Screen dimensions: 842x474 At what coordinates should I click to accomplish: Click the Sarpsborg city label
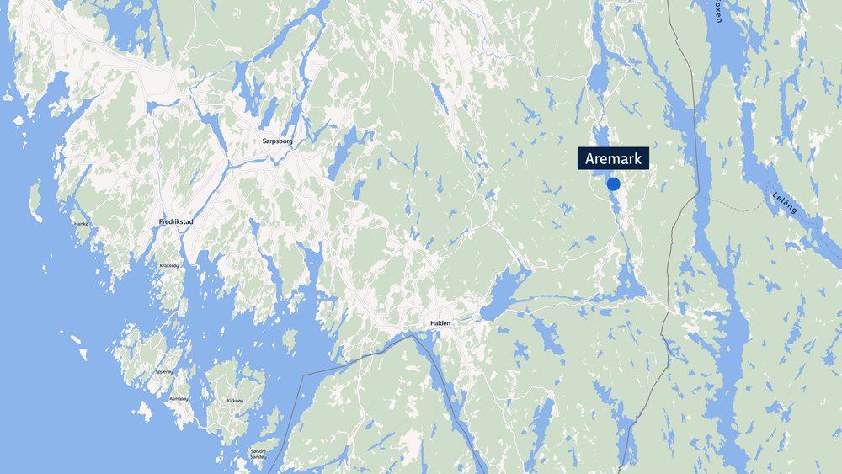point(272,141)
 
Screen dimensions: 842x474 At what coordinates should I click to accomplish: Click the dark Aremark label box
point(613,158)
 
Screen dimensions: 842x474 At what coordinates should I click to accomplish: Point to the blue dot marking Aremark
point(613,184)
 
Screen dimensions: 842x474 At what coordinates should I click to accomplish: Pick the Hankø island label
point(81,223)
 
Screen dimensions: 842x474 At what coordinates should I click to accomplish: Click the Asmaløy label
point(179,398)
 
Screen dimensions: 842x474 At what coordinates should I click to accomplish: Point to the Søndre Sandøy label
point(258,455)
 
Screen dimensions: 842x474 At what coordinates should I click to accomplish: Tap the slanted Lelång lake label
point(783,203)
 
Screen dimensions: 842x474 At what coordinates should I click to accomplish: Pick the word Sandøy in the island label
point(258,460)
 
